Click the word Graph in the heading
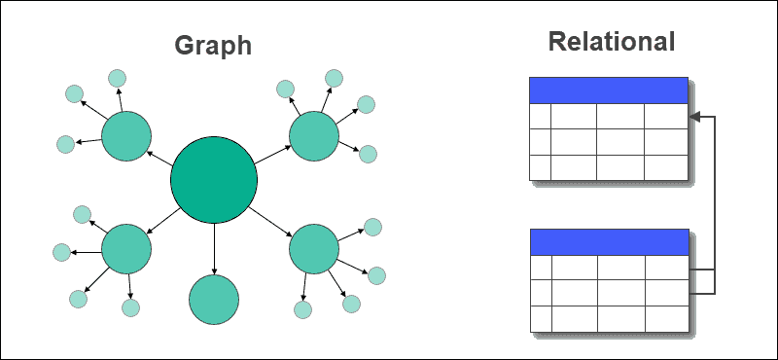(213, 46)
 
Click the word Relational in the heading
(611, 42)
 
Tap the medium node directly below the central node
(214, 299)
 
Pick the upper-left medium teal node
(127, 136)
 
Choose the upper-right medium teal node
(313, 135)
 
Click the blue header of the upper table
(609, 90)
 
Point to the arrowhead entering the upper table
(695, 118)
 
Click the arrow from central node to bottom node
(214, 248)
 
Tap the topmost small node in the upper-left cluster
(117, 78)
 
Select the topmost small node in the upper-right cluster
(334, 77)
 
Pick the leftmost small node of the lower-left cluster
(61, 252)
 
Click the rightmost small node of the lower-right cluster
(376, 275)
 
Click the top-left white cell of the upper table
(540, 116)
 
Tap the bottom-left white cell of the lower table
(541, 318)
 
